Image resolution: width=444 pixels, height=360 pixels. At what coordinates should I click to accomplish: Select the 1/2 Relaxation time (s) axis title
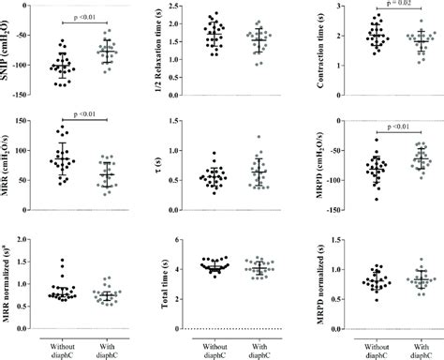[x=155, y=52]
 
